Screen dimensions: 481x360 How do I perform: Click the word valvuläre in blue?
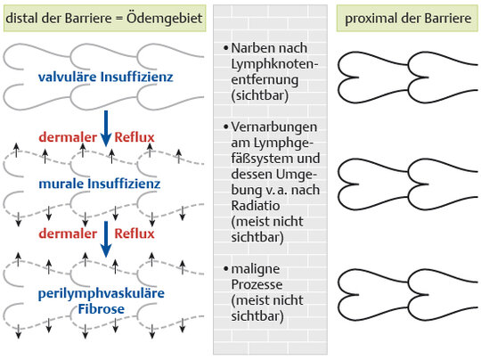coord(68,77)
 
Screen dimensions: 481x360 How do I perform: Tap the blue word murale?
coord(61,184)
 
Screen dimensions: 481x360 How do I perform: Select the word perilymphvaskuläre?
coord(102,294)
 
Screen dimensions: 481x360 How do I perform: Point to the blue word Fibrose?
coord(102,308)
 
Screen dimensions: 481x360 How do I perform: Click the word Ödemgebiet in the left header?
coord(165,18)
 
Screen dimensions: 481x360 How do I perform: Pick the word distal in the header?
coord(21,18)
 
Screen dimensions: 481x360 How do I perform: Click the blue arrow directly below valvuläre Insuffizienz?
coord(106,128)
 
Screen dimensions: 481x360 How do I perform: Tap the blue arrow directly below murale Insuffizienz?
coord(106,239)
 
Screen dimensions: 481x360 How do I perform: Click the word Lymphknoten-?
coord(274,64)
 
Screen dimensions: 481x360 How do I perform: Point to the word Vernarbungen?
coord(274,127)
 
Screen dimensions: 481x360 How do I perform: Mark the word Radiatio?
coord(256,206)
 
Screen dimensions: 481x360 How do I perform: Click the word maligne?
coord(256,269)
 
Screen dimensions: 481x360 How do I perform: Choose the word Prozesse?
coord(257,284)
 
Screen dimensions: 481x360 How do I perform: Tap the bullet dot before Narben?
coord(226,48)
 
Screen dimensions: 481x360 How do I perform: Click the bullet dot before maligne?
coord(226,269)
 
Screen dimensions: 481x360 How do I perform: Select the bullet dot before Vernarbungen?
coord(226,127)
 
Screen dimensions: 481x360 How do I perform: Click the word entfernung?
coord(265,80)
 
